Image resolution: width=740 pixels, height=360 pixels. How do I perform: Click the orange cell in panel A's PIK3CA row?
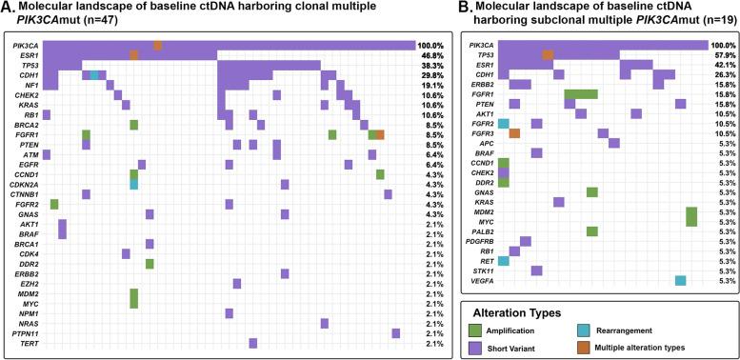coord(158,46)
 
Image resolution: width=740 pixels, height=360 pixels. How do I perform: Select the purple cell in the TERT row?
coord(253,343)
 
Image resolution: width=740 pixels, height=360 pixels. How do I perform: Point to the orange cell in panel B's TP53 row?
coord(548,55)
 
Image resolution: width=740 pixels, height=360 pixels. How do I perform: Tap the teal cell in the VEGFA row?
coord(680,253)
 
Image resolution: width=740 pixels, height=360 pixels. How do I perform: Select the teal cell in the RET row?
coord(503,233)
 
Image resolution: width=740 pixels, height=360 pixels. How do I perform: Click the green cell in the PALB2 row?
coord(591,204)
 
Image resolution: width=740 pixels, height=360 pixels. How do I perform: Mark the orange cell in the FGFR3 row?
coord(514,134)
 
